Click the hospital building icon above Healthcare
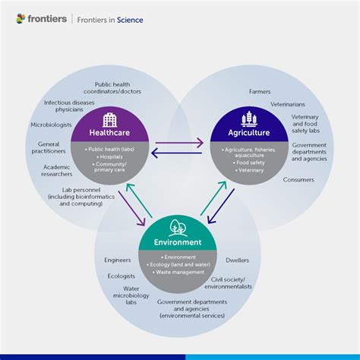tap(109, 120)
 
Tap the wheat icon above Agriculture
tap(248, 120)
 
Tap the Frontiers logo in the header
tap(41, 19)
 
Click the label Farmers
tap(260, 91)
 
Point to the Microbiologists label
tap(52, 124)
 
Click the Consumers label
tap(298, 180)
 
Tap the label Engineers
tap(118, 260)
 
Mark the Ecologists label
tap(121, 276)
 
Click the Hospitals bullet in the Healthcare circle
tap(109, 158)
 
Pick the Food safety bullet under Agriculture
tap(248, 162)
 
